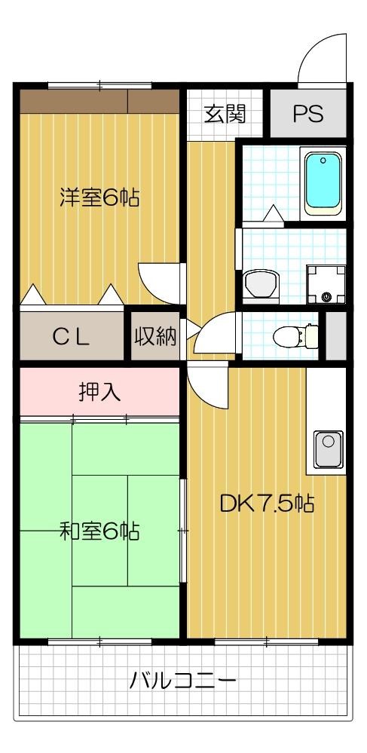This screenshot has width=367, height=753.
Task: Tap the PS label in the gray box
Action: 307,114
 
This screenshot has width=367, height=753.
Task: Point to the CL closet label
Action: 72,337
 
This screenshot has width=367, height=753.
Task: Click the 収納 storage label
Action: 156,336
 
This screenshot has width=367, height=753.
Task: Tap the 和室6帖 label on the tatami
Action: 99,531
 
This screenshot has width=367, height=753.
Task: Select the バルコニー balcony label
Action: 183,681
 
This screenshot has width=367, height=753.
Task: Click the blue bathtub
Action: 323,181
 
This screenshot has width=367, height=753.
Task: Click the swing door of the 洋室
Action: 161,283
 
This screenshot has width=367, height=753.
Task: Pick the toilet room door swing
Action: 214,335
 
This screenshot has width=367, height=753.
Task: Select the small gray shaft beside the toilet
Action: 335,334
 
